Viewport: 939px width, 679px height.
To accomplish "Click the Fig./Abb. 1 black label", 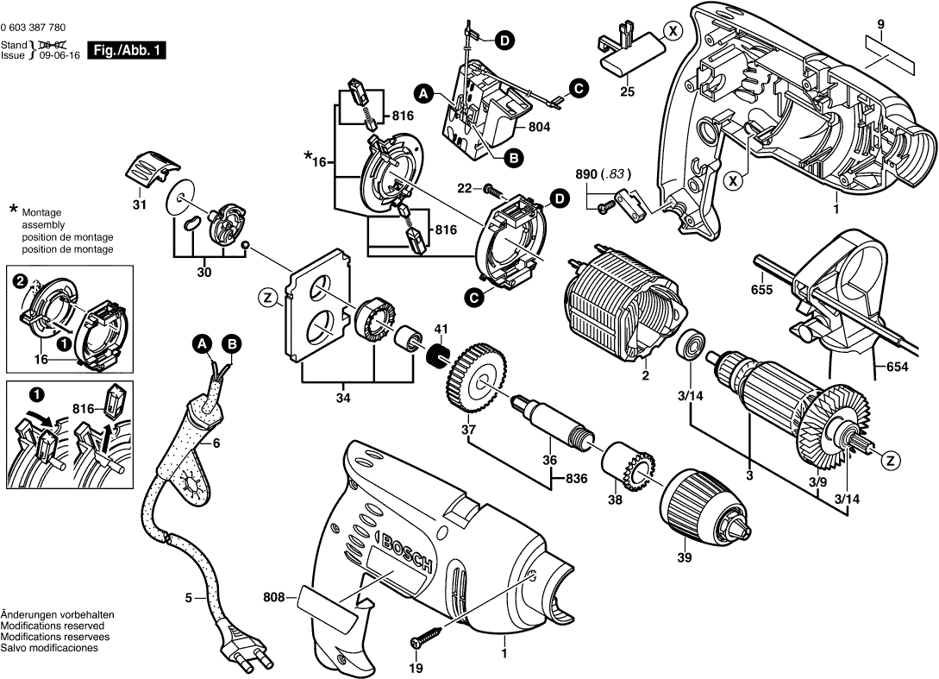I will (x=129, y=51).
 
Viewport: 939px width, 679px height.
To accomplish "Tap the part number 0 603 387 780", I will (x=34, y=28).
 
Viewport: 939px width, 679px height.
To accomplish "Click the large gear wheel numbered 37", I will (x=474, y=378).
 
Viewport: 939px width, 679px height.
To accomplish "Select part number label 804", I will (x=539, y=127).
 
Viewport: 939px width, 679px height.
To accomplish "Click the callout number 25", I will (x=627, y=91).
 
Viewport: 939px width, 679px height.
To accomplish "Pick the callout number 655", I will (x=761, y=291).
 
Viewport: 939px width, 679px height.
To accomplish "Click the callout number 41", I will (x=441, y=328).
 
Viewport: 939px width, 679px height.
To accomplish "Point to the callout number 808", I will (x=273, y=595).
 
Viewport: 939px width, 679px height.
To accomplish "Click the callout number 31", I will (x=140, y=205).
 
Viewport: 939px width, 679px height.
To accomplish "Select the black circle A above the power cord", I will (x=201, y=344).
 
